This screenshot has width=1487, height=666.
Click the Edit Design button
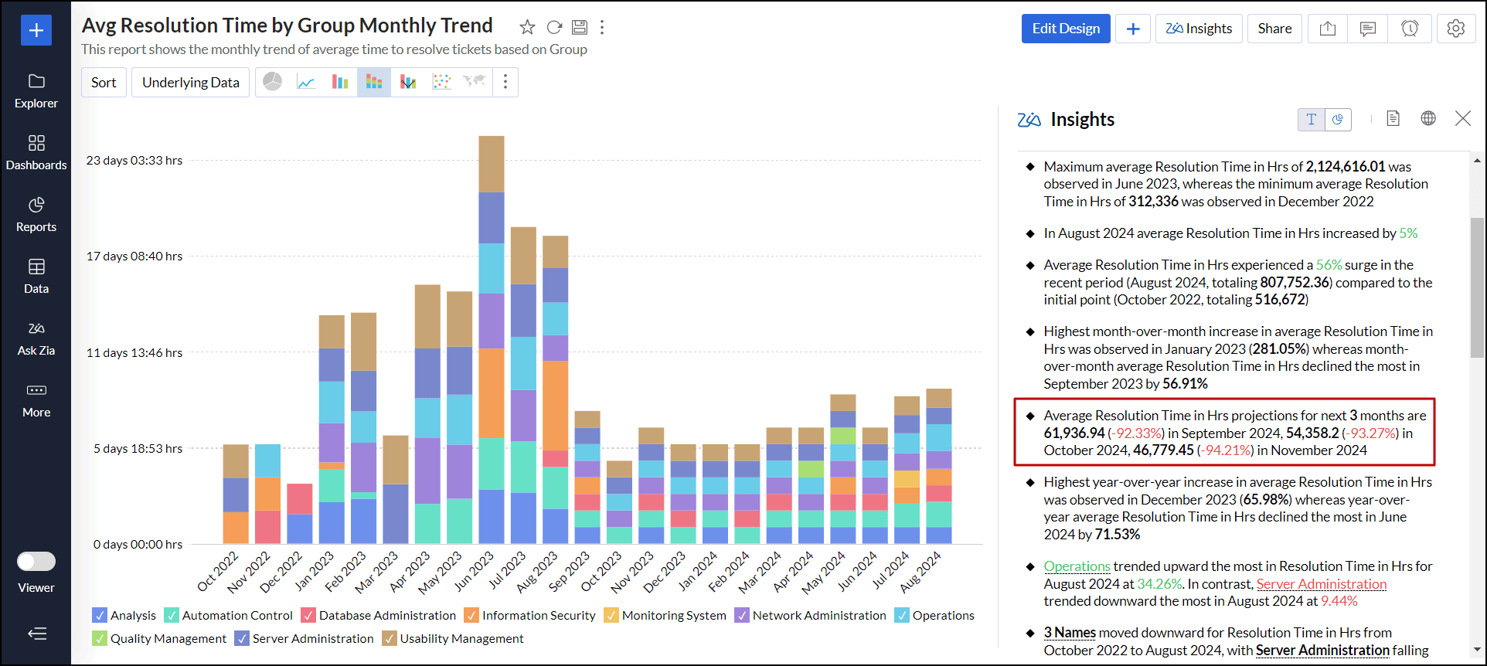[1065, 29]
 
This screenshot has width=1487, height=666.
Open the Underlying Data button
[190, 83]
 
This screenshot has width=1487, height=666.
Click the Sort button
[104, 83]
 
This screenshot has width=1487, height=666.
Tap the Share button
[1274, 29]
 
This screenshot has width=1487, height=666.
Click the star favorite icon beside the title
[527, 28]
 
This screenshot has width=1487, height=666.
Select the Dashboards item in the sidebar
[36, 152]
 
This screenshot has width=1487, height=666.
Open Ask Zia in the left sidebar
[36, 338]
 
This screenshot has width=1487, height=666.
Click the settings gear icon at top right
[1455, 29]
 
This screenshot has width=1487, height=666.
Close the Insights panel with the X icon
[1462, 118]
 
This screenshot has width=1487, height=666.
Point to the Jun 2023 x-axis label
[474, 573]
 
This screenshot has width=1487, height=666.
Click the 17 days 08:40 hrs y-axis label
[134, 257]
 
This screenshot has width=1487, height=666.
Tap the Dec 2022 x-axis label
[281, 573]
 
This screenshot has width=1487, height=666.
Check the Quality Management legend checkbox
[100, 639]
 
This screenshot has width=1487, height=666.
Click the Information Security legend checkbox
[471, 616]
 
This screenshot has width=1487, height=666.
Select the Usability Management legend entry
[461, 639]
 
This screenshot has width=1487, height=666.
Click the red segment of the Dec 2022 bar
[299, 498]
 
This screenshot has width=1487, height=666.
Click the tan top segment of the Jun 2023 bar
[492, 164]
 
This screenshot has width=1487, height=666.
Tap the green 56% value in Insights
[1329, 265]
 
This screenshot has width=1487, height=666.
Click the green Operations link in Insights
[1077, 566]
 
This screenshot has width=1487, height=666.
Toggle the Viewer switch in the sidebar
[36, 562]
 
